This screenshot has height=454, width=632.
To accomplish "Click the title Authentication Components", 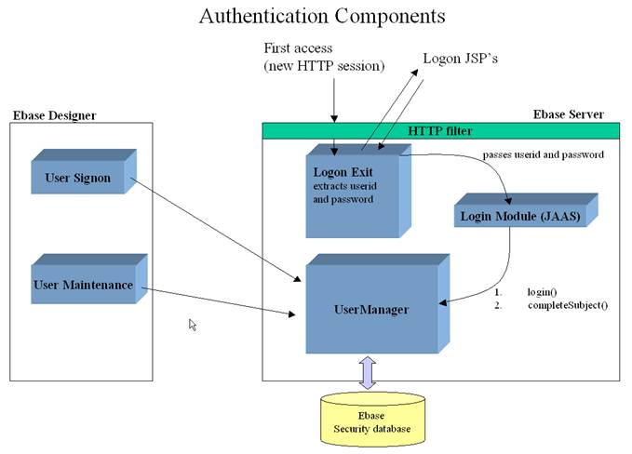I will [322, 16].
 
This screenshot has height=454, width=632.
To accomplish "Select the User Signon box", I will [78, 177].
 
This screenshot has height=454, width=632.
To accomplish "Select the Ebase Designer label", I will [53, 115].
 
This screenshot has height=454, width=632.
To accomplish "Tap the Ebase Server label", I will [568, 114].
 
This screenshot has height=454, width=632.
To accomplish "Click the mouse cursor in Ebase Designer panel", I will [193, 325].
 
